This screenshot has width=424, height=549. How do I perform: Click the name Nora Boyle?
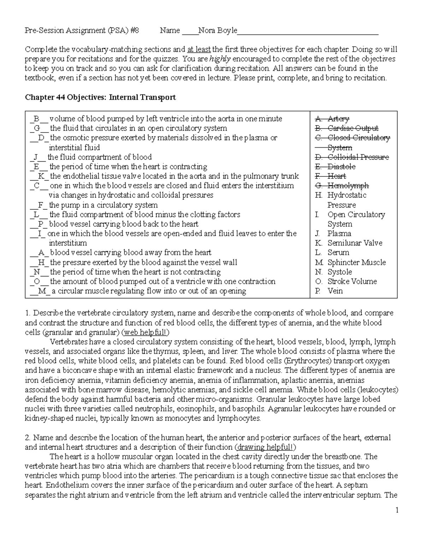(217, 31)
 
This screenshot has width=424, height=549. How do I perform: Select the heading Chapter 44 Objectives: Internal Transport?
(100, 97)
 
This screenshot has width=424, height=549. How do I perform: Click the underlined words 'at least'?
(199, 49)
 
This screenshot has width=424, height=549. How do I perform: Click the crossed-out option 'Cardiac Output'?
(353, 128)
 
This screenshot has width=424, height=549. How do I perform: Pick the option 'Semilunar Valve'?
(354, 243)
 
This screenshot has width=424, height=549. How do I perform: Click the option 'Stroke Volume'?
(352, 282)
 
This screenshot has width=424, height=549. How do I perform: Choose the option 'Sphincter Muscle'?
(356, 263)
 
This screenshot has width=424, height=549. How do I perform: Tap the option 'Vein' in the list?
(335, 291)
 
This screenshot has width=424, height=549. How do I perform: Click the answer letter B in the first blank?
(36, 119)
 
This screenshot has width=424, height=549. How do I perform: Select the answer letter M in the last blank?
(42, 291)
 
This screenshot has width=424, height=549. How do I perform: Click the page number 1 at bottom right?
(397, 510)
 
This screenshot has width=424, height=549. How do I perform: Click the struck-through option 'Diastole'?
(341, 167)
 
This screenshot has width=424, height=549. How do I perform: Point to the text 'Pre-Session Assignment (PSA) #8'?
(82, 31)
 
